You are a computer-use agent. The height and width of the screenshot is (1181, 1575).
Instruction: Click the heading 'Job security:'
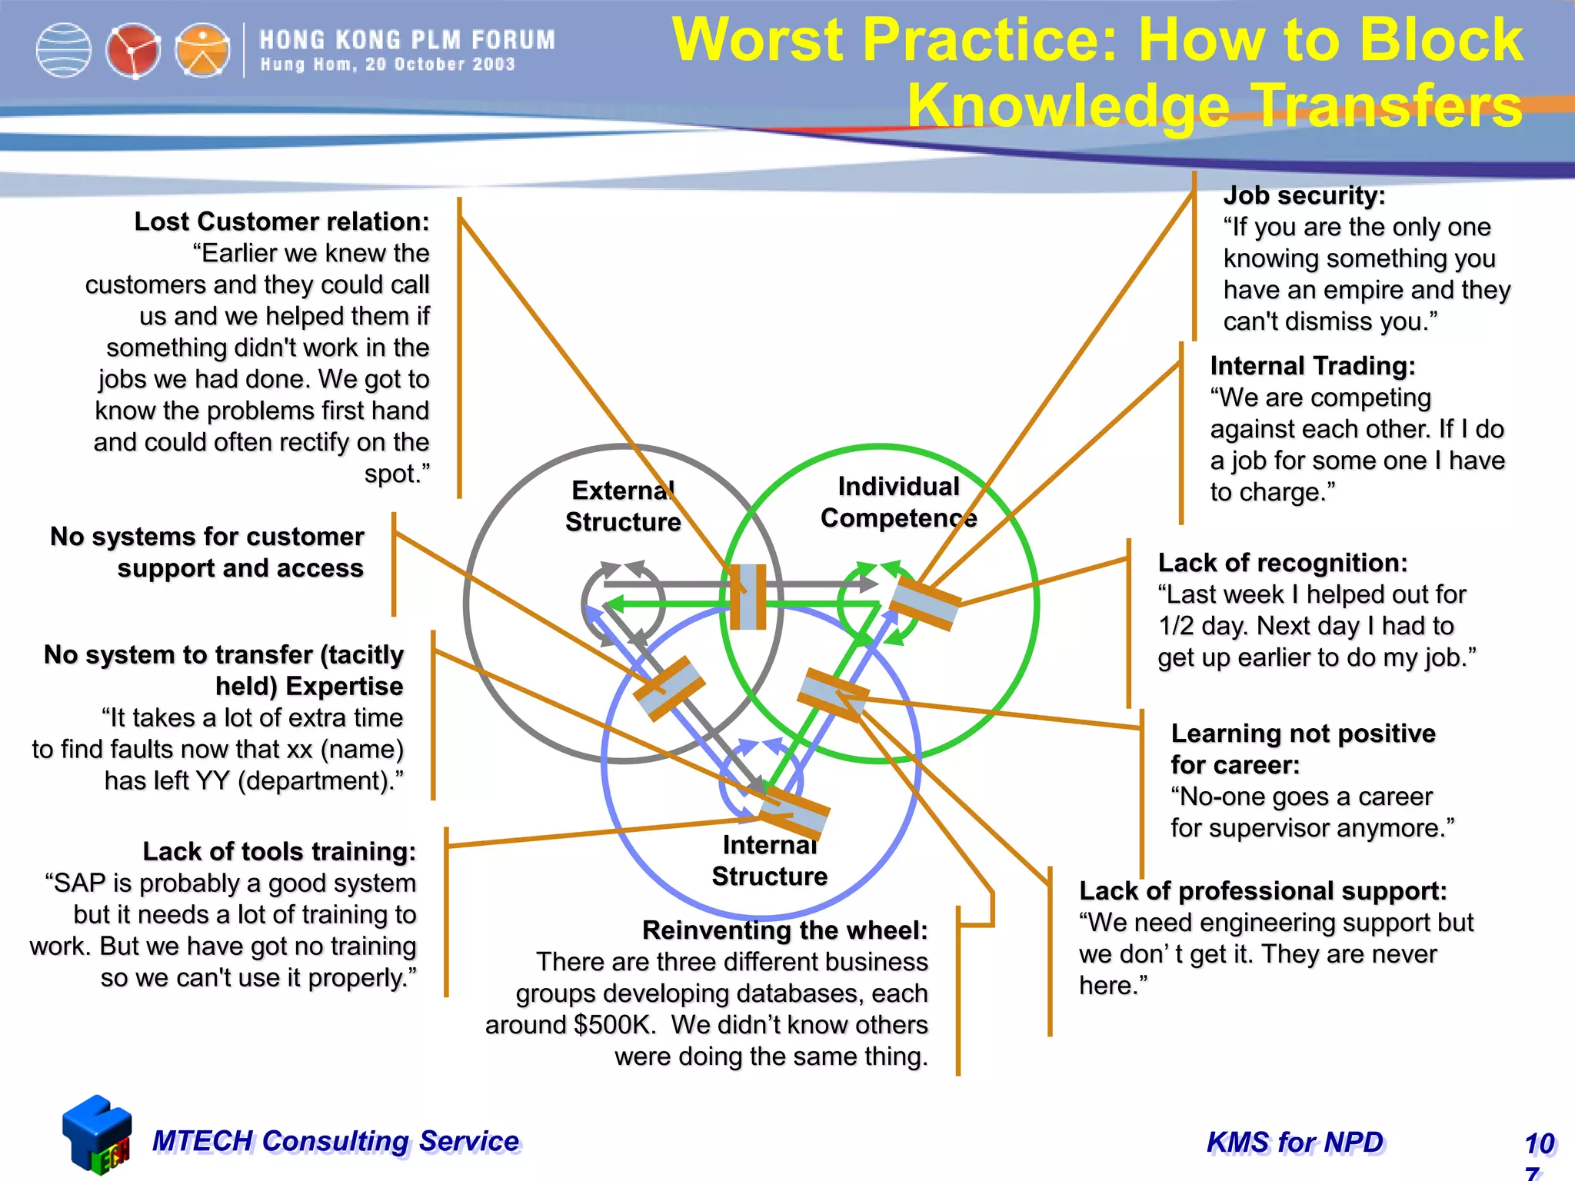(x=1304, y=195)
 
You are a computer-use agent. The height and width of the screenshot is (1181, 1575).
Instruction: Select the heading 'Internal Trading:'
(x=1312, y=366)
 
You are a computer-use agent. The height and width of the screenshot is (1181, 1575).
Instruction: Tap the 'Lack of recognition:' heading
(x=1282, y=563)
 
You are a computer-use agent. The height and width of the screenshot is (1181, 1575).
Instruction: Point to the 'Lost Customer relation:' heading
(x=281, y=221)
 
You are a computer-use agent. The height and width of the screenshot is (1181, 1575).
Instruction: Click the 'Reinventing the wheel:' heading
(x=784, y=930)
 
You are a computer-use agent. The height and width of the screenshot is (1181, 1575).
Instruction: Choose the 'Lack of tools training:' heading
(x=279, y=852)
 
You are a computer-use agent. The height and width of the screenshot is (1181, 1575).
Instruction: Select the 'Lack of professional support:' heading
(x=1262, y=891)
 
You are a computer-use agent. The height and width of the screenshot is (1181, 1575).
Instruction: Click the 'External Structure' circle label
(x=623, y=506)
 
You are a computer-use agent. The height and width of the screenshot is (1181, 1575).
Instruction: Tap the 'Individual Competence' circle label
(x=898, y=502)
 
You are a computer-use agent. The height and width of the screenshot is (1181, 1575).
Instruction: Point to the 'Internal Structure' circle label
(x=769, y=860)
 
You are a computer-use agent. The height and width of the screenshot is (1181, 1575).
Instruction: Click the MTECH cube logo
(x=97, y=1135)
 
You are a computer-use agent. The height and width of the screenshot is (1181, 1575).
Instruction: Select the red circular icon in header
(x=132, y=51)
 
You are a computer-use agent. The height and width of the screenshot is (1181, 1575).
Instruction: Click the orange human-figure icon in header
(x=202, y=51)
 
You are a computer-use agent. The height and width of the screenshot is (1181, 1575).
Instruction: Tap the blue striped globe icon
(x=64, y=51)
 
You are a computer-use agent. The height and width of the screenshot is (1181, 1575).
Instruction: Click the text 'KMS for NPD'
(x=1295, y=1143)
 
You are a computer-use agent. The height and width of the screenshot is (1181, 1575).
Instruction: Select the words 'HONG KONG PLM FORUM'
(x=407, y=40)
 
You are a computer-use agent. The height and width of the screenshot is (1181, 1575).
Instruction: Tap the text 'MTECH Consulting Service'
(x=335, y=1141)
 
